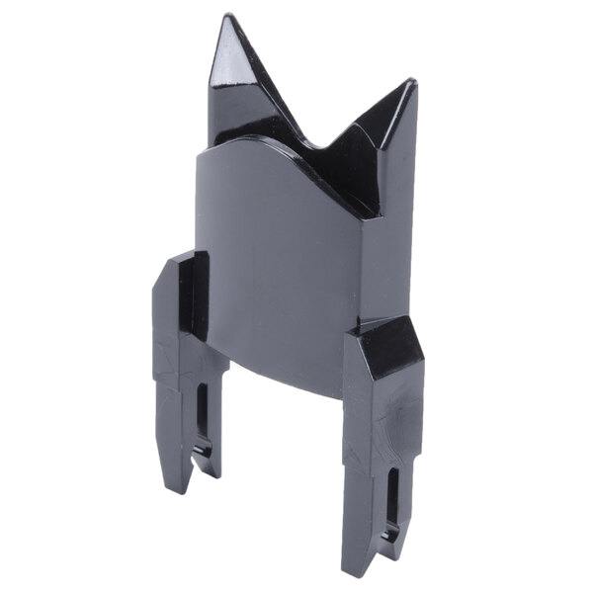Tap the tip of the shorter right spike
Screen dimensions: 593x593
(411, 83)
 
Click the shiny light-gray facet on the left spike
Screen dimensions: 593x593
(226, 55)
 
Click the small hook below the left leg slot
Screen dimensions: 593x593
(205, 457)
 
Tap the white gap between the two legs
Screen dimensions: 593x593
(282, 465)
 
